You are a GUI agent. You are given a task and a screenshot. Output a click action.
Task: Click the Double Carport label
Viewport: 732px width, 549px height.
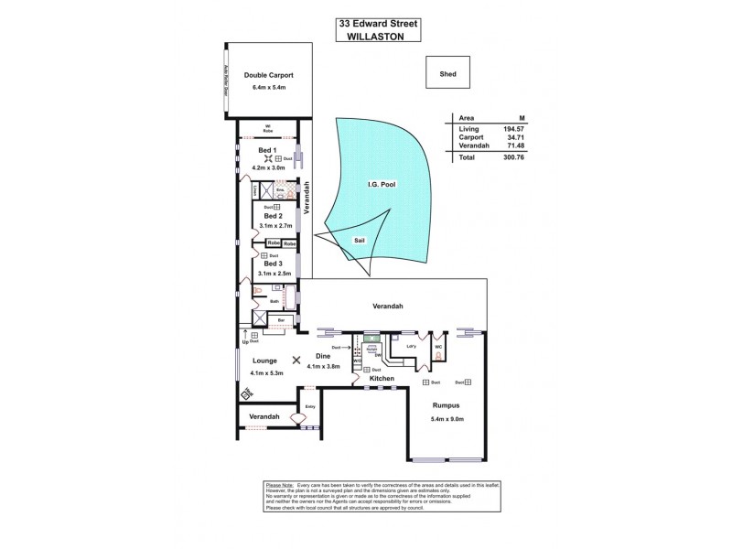(268, 75)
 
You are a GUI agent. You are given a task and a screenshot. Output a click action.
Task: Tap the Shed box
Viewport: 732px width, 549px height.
(447, 75)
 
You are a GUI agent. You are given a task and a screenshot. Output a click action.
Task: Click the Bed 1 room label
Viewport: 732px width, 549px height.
(266, 149)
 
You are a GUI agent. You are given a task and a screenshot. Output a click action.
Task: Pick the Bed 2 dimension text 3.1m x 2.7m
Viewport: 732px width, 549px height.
(274, 224)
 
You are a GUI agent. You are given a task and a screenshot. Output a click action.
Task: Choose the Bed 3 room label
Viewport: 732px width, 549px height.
(273, 264)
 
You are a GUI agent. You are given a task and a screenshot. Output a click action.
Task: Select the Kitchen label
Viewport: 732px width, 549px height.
(382, 378)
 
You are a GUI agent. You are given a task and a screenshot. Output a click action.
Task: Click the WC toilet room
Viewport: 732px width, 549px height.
(438, 347)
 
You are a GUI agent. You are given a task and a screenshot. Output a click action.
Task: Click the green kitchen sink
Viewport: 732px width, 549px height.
(369, 337)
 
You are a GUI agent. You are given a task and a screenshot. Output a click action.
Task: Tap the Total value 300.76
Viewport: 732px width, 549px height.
(524, 157)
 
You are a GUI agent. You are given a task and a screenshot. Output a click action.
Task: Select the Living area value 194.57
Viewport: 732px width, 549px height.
(524, 129)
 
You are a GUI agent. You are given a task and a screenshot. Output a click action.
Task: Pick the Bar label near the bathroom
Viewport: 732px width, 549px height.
(281, 319)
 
